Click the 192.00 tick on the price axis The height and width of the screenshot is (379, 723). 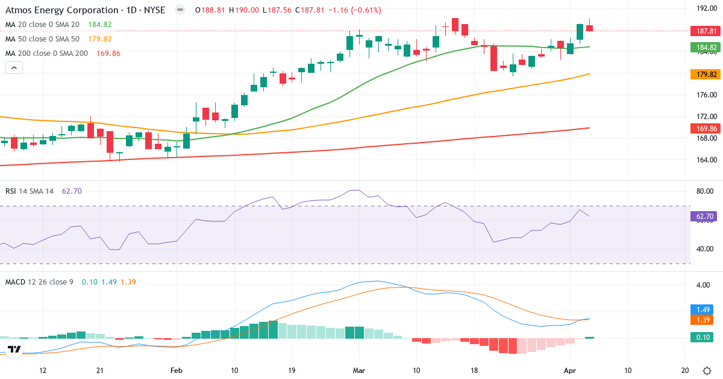coord(706,8)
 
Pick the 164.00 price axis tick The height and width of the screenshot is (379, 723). coord(706,160)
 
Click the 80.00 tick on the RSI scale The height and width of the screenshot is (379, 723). coord(705,191)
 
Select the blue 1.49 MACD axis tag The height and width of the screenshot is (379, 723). coord(702,309)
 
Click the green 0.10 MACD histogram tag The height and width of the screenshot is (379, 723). coord(702,338)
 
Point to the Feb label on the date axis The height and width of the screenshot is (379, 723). coord(176,371)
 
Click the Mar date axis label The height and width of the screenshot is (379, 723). coord(359,371)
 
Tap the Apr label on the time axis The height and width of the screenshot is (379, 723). coord(571,371)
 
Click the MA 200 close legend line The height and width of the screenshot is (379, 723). coord(46,53)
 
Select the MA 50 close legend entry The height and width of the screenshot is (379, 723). coord(42,39)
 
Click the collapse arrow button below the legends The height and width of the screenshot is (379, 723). coord(14,67)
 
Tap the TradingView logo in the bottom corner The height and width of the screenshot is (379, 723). coord(14,350)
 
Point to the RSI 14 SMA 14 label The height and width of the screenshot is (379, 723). coord(30,191)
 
